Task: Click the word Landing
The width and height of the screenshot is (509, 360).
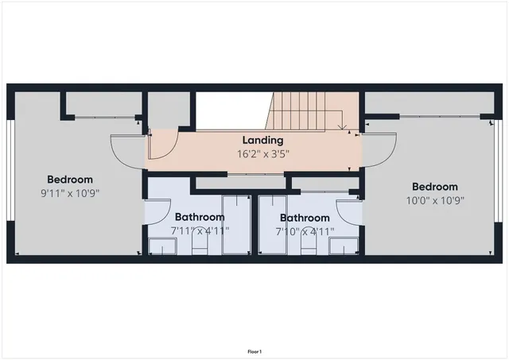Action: click(262, 141)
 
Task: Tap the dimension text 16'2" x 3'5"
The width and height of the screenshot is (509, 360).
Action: click(262, 153)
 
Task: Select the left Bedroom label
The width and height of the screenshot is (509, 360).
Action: click(70, 180)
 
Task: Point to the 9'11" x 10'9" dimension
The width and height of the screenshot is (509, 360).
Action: click(70, 192)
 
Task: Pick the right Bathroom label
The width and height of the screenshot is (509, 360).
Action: click(305, 218)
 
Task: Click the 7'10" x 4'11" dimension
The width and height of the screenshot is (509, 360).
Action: click(305, 231)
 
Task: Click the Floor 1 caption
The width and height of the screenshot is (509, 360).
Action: click(254, 351)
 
